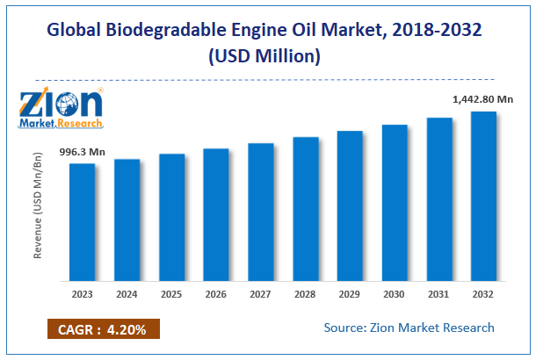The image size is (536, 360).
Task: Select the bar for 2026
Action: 216,215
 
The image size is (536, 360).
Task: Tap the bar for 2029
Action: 350,206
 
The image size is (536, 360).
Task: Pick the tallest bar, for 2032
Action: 484,197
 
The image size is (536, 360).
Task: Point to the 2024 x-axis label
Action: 127,294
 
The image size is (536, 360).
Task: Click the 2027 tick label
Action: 261,294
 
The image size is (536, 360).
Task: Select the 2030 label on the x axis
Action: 395,294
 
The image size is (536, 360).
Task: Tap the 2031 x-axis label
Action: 439,294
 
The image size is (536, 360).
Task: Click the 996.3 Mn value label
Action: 83,153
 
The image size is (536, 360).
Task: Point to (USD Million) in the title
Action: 268,56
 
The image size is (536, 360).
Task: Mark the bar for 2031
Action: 439,199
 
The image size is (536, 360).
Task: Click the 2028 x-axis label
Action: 306,294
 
